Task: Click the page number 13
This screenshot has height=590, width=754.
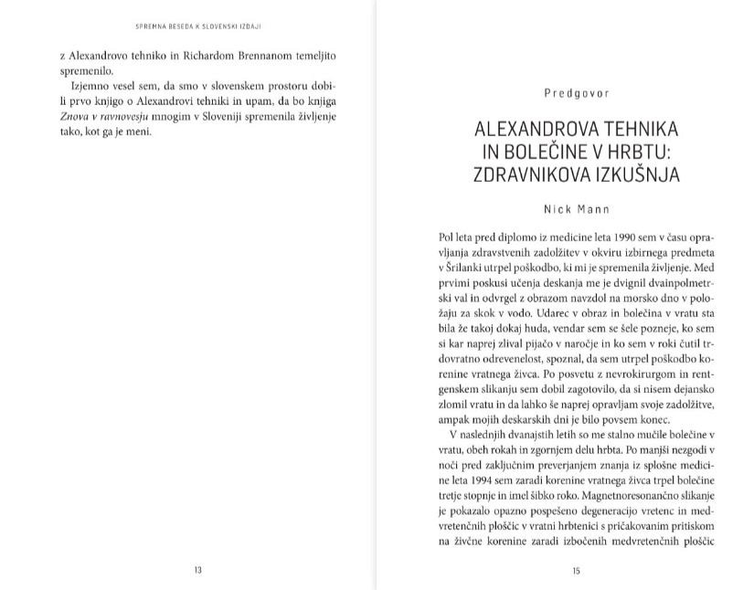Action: (197, 571)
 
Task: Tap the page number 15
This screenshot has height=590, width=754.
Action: (576, 571)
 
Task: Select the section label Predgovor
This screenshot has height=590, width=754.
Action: (576, 92)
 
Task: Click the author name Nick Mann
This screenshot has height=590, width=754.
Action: (576, 209)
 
